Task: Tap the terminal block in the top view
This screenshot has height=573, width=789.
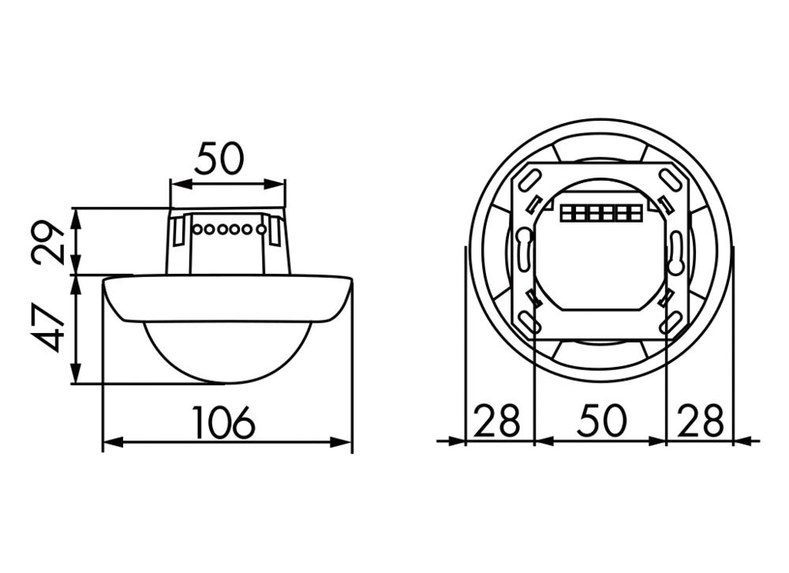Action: click(599, 213)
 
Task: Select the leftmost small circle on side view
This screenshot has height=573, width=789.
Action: click(196, 230)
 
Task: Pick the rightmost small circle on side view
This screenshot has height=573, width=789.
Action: click(260, 230)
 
